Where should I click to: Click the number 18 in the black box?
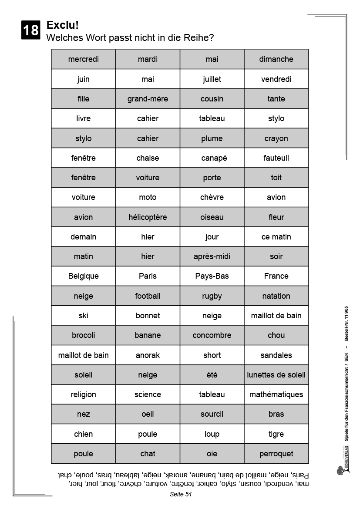tap(30, 30)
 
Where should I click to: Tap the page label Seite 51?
tap(181, 494)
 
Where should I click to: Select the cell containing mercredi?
tap(84, 59)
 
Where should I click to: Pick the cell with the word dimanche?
tap(276, 59)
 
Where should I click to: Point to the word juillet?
tap(212, 79)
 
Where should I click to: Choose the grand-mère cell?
tap(148, 99)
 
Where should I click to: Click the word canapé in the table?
tap(212, 158)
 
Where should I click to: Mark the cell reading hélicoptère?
tap(148, 217)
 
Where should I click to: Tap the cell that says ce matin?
tap(276, 237)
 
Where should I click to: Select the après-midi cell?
tap(212, 256)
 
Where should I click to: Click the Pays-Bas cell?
tap(212, 276)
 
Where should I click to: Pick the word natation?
tap(276, 296)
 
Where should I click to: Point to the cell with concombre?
tap(212, 335)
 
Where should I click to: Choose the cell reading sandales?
tap(276, 355)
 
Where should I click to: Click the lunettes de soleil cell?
tap(276, 375)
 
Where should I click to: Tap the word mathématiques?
tap(276, 394)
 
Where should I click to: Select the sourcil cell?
tap(212, 414)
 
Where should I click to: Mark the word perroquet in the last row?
tap(276, 454)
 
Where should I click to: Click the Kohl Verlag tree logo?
tap(340, 471)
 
